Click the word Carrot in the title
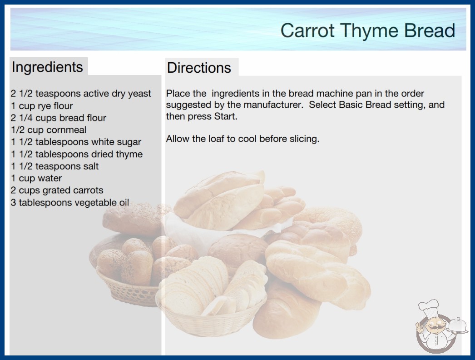click(307, 30)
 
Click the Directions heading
click(199, 68)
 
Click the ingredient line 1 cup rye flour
click(42, 106)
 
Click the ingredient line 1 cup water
click(36, 178)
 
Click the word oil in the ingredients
click(124, 202)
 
